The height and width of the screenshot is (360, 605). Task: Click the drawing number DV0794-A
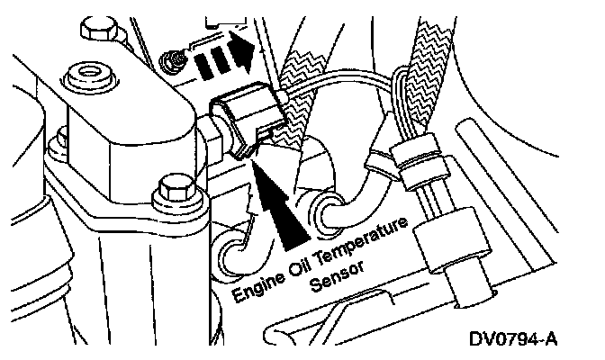point(510,339)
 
